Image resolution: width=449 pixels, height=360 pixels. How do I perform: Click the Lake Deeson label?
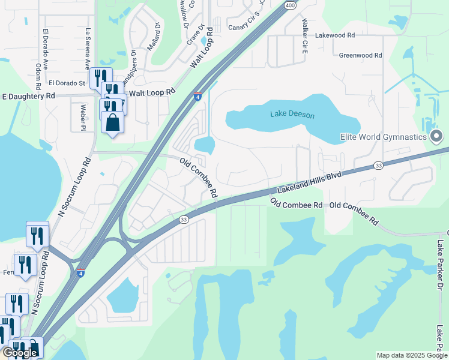292,113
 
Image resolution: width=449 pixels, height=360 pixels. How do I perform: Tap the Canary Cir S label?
245,22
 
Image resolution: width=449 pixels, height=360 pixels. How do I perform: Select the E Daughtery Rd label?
29,96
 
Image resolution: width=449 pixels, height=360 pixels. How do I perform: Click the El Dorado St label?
68,83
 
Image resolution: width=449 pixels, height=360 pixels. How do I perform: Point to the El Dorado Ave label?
45,43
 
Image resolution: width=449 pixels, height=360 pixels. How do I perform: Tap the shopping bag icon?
112,122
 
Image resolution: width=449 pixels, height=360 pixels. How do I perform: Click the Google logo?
20,353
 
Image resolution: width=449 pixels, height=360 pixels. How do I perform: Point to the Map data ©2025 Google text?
411,355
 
